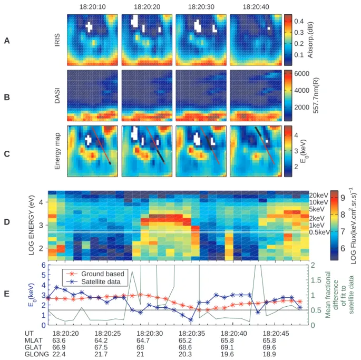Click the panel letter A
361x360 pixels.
click(7, 41)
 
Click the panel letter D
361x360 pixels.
click(7, 222)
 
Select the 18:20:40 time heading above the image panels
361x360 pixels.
click(256, 7)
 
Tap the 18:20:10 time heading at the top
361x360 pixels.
click(93, 7)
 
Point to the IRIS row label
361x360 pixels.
click(57, 40)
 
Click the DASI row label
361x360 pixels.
click(57, 95)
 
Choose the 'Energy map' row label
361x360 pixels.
click(57, 151)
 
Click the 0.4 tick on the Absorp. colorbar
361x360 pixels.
click(299, 21)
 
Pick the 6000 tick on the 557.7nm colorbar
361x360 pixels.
click(301, 73)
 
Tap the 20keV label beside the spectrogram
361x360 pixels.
click(318, 196)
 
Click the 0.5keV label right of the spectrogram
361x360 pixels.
click(319, 232)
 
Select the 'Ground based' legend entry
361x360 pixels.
click(102, 274)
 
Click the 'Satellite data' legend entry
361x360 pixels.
click(101, 281)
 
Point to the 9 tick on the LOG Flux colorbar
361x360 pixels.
click(343, 198)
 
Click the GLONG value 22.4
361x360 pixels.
click(59, 354)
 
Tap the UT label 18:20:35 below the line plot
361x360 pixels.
click(192, 334)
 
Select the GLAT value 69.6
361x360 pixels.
click(269, 347)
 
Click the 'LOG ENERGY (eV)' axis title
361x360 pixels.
click(32, 225)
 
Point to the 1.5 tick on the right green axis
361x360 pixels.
click(316, 280)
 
